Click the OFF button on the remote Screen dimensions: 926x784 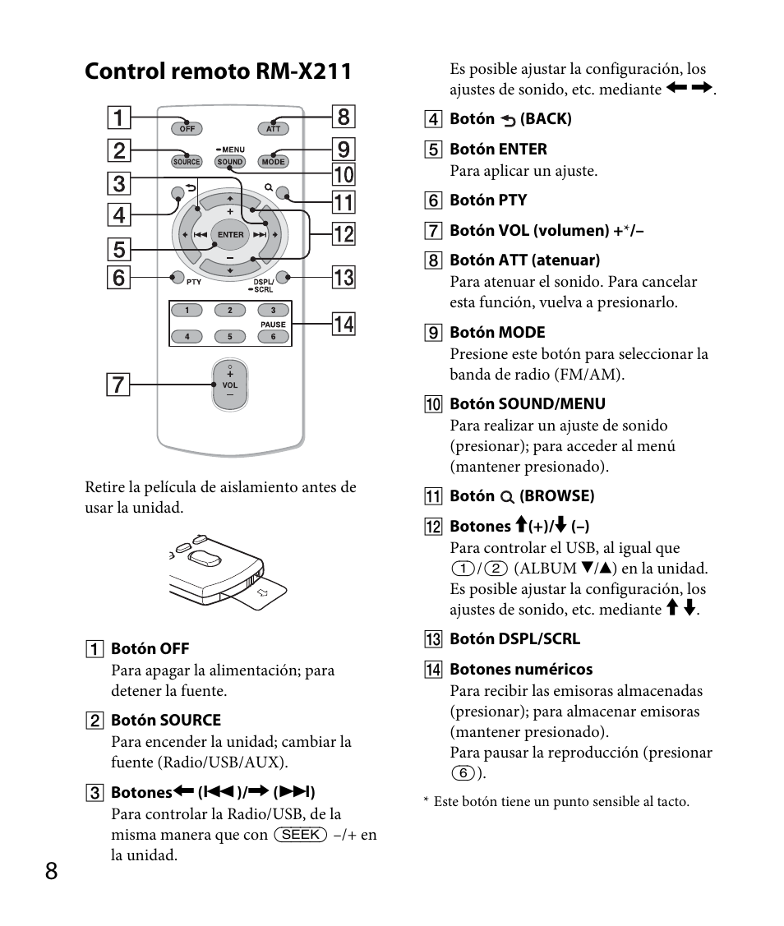click(187, 128)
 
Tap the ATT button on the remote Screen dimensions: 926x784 click(273, 128)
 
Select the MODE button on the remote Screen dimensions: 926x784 click(273, 162)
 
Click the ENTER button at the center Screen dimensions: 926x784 click(230, 234)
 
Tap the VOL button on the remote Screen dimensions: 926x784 click(230, 385)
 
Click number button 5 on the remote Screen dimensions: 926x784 click(230, 336)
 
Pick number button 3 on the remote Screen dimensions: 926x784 click(273, 311)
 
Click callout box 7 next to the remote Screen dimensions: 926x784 click(119, 384)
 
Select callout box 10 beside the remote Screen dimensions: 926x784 click(344, 174)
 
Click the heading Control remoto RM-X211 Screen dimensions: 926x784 click(218, 71)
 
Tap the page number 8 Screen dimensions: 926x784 click(52, 872)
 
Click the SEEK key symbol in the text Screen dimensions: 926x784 click(301, 835)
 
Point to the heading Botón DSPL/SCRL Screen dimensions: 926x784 click(514, 638)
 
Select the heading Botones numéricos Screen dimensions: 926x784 click(520, 670)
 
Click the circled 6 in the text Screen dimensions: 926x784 click(464, 773)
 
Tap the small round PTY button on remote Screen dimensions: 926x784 click(177, 277)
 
